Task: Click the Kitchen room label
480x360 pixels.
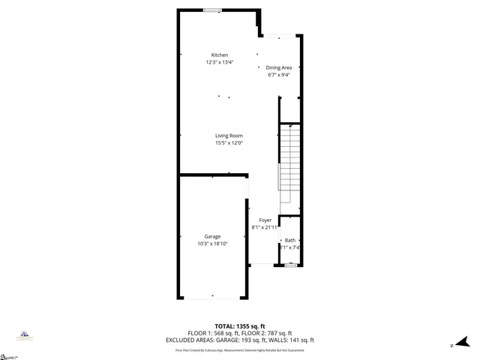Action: point(220,55)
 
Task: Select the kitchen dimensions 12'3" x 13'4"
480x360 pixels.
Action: point(220,62)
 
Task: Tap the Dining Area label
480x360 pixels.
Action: point(279,67)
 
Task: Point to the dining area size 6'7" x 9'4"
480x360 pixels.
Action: point(279,74)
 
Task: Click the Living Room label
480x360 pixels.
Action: point(229,135)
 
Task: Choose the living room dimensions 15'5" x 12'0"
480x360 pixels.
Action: point(229,142)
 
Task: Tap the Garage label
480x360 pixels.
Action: point(212,236)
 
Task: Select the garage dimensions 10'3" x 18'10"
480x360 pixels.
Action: point(212,244)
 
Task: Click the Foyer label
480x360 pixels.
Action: point(265,220)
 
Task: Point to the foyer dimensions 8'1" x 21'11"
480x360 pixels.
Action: point(265,226)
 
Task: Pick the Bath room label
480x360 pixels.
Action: point(289,240)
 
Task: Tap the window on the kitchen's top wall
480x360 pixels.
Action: point(212,10)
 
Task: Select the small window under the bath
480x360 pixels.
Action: point(291,265)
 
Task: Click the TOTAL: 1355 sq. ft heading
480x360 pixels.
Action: point(239,326)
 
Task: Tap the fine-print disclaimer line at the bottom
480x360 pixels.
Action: point(239,349)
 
